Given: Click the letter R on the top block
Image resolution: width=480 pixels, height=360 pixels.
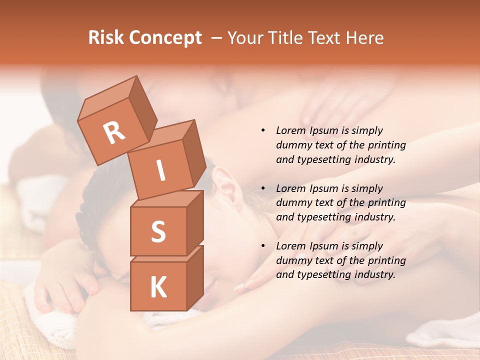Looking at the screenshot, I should (114, 133).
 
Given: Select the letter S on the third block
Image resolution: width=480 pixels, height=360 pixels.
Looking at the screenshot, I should (158, 231).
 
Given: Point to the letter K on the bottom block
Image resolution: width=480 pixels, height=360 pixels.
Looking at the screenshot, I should (158, 287).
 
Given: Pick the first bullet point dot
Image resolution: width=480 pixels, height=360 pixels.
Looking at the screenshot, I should (263, 130).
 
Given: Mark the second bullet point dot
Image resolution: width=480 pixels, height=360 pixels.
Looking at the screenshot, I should (263, 188).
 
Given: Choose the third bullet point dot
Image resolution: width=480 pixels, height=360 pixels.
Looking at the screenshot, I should (263, 246).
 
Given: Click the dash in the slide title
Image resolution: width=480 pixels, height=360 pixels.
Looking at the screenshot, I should (217, 38).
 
